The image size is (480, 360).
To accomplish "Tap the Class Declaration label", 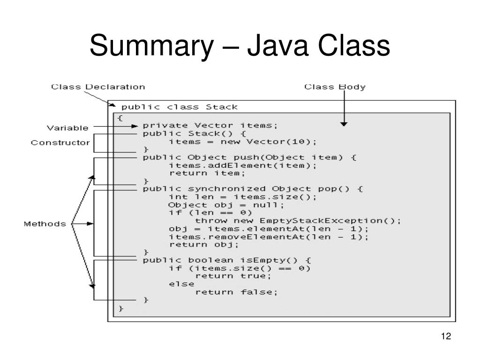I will tap(97, 87).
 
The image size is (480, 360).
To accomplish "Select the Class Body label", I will tap(335, 87).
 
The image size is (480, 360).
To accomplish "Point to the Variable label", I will tap(67, 127).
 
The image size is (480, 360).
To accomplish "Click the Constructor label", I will tap(60, 142).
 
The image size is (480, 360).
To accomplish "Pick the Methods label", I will tap(45, 224).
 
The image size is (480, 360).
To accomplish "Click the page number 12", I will tap(446, 337).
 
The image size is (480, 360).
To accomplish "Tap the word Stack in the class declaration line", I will tap(222, 107).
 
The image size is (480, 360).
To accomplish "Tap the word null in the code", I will tap(272, 205).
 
